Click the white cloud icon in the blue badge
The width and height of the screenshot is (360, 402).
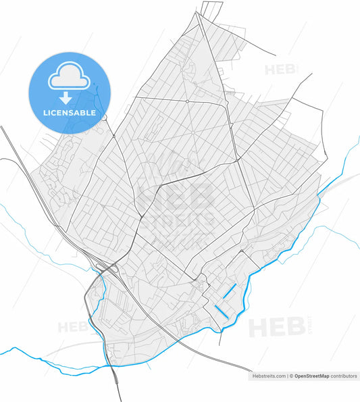[x=68, y=78]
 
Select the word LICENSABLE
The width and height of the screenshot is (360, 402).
[x=68, y=113]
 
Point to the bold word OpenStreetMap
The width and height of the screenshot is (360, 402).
[x=314, y=376]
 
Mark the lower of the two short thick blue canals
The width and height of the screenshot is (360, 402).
[x=221, y=311]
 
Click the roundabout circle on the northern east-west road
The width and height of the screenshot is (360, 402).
[x=187, y=101]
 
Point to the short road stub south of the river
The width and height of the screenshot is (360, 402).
[x=220, y=337]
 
